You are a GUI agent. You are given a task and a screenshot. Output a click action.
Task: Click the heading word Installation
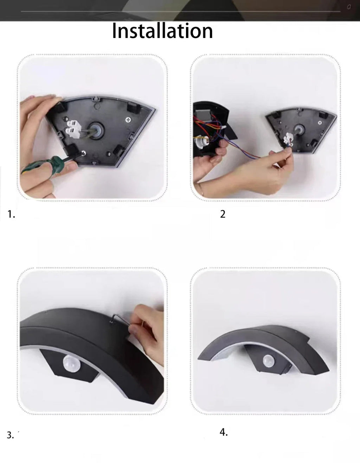162,31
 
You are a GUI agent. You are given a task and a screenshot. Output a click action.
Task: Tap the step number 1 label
11,214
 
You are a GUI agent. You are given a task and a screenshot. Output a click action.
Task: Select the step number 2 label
223,214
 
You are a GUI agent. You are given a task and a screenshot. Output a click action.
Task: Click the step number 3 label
11,435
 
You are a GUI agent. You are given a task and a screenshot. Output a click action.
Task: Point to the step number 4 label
224,432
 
